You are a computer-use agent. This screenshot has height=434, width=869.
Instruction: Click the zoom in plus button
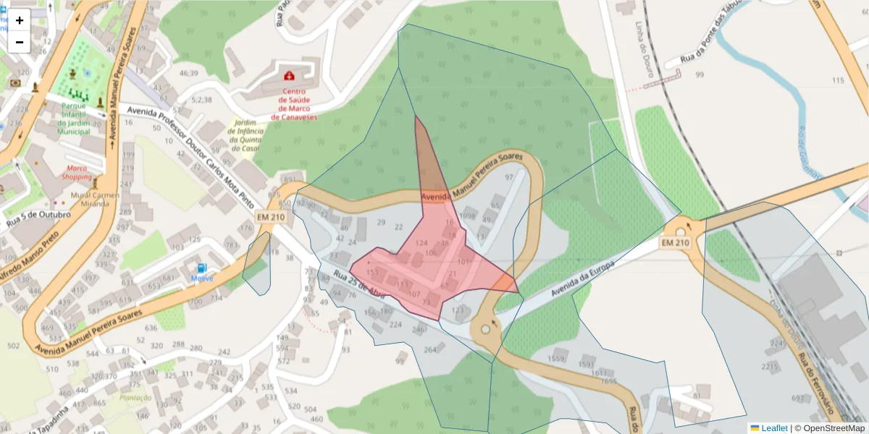pyautogui.click(x=20, y=20)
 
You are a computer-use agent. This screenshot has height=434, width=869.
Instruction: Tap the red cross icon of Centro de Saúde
pyautogui.click(x=289, y=75)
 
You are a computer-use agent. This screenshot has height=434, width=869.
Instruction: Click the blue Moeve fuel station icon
pyautogui.click(x=202, y=268)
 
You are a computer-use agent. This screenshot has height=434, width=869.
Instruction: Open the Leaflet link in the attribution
pyautogui.click(x=773, y=428)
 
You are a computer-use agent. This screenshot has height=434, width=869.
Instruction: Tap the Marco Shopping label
pyautogui.click(x=76, y=172)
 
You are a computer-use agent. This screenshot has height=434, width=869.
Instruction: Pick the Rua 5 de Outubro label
pyautogui.click(x=39, y=215)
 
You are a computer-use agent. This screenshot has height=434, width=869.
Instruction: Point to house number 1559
pyautogui.click(x=556, y=359)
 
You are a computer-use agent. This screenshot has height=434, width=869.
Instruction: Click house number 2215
pyautogui.click(x=769, y=367)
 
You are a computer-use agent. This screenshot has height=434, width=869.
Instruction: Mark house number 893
pyautogui.click(x=290, y=179)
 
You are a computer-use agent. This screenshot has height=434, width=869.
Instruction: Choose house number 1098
pyautogui.click(x=467, y=216)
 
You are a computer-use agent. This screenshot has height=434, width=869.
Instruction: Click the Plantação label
pyautogui.click(x=136, y=397)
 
